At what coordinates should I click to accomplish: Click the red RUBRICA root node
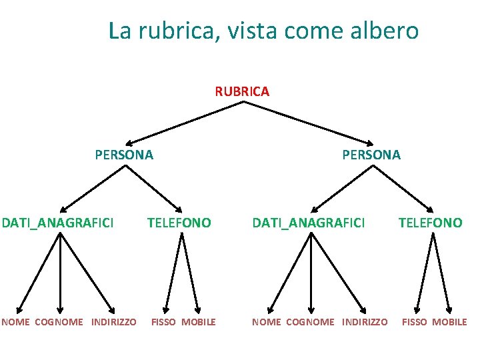pyautogui.click(x=242, y=91)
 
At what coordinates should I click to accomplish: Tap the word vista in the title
pyautogui.click(x=252, y=31)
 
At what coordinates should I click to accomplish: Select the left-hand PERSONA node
pyautogui.click(x=124, y=155)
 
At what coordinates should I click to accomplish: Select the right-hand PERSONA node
pyautogui.click(x=371, y=155)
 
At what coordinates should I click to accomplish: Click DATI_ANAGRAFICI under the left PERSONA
pyautogui.click(x=58, y=223)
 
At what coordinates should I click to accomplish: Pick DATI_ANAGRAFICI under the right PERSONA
pyautogui.click(x=308, y=223)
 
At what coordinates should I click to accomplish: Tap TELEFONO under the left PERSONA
pyautogui.click(x=179, y=223)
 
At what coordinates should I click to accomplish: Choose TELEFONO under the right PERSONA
pyautogui.click(x=430, y=223)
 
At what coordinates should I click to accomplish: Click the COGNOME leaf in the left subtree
pyautogui.click(x=59, y=322)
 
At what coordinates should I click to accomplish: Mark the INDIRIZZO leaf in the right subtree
pyautogui.click(x=364, y=322)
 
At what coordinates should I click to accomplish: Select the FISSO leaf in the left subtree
pyautogui.click(x=163, y=322)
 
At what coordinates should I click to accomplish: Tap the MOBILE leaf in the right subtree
pyautogui.click(x=449, y=322)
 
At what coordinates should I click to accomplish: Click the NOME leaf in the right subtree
pyautogui.click(x=266, y=322)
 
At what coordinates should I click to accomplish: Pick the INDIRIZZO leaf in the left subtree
pyautogui.click(x=113, y=322)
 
